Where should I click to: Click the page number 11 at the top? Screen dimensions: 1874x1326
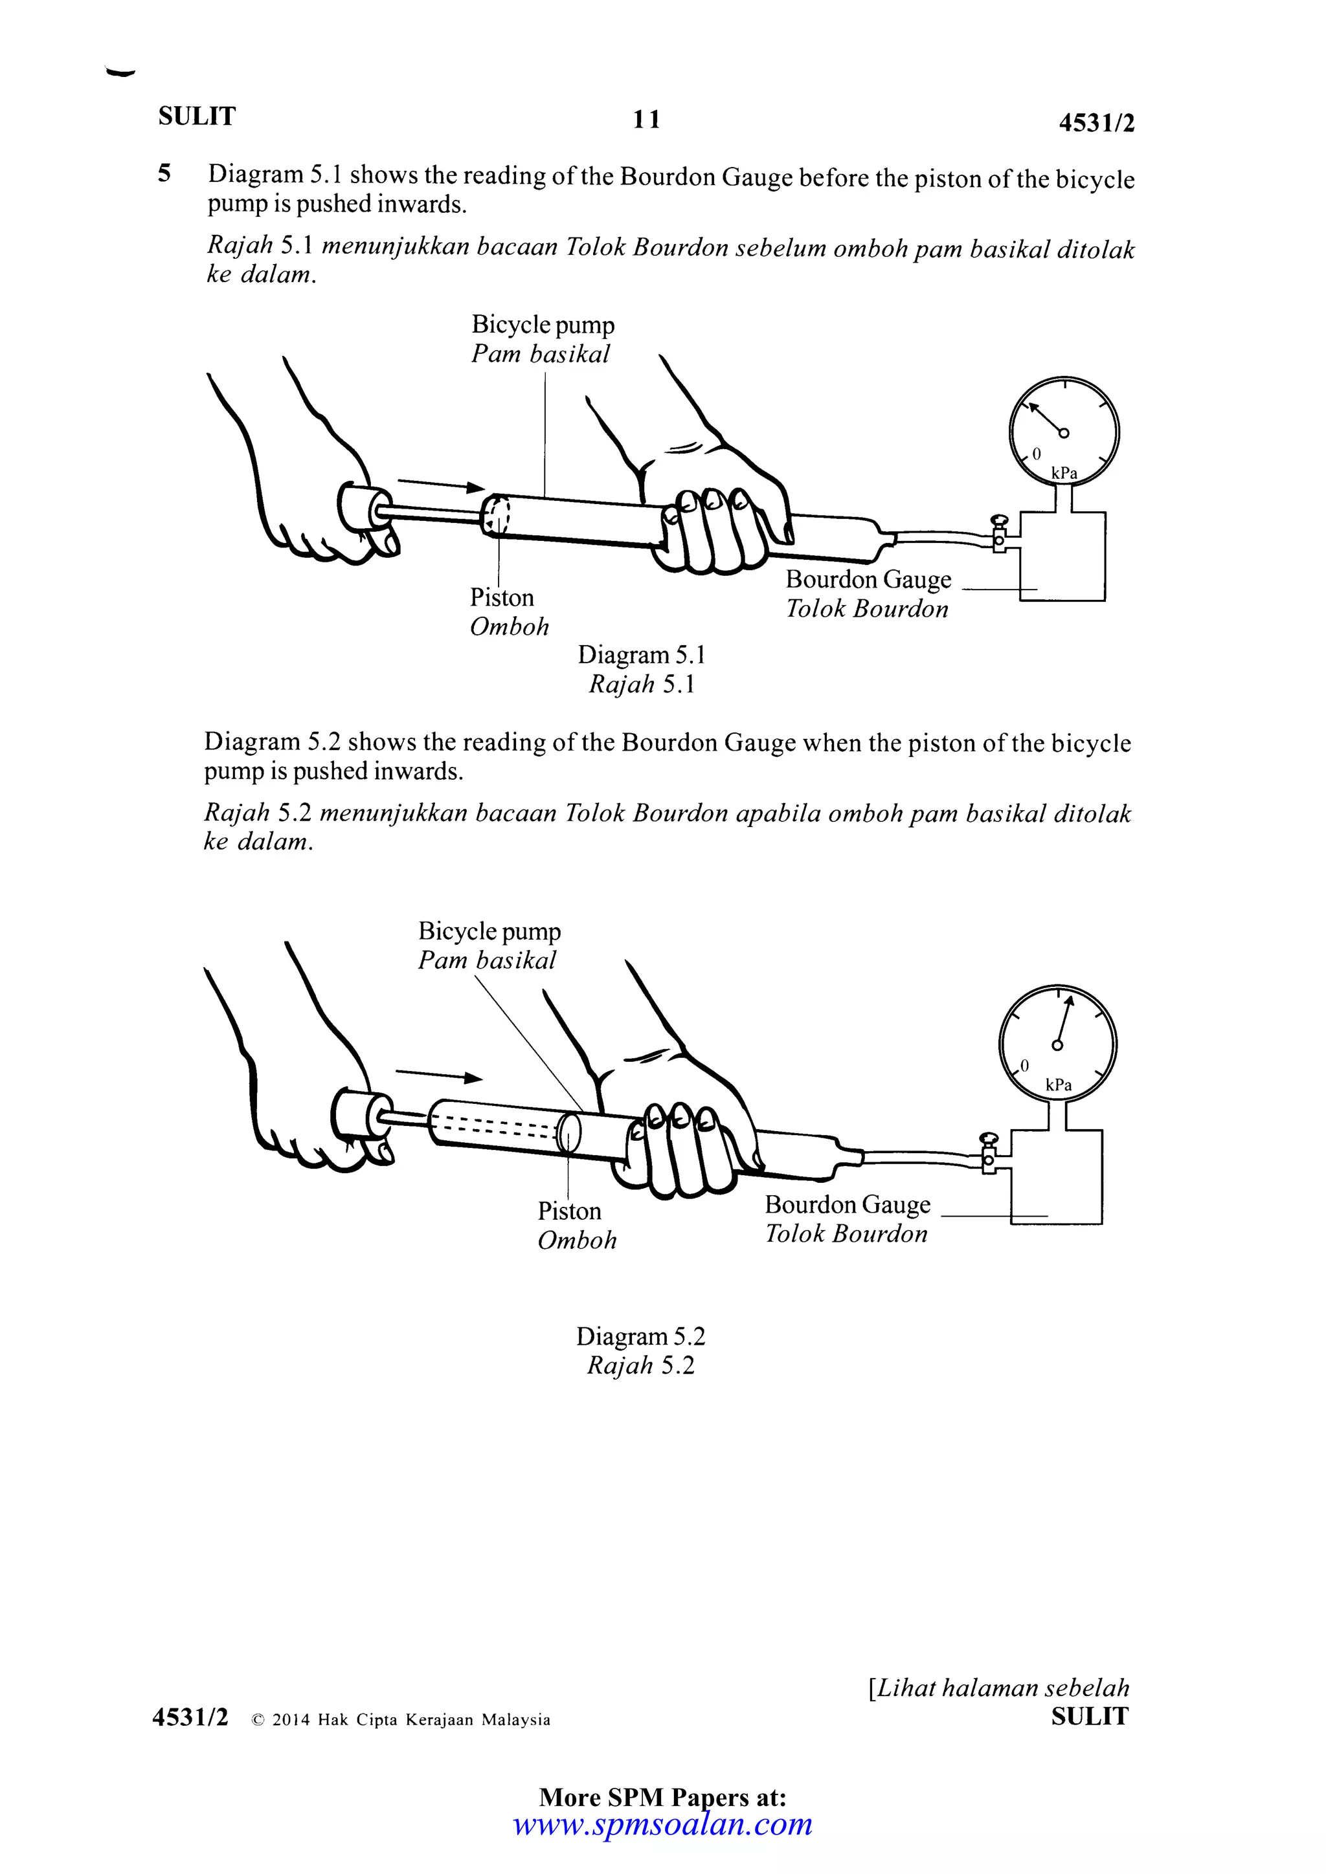coord(646,120)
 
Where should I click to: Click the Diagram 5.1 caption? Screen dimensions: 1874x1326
coord(642,655)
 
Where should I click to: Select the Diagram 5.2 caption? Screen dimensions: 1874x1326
coord(640,1336)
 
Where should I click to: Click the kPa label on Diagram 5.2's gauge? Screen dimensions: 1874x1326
coord(1058,1085)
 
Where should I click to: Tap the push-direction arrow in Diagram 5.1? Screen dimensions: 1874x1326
coord(441,485)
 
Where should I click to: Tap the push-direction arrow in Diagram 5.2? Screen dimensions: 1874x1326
coord(438,1075)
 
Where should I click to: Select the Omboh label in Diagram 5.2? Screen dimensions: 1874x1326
coord(576,1240)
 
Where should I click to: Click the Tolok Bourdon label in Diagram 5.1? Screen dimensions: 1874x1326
coord(866,609)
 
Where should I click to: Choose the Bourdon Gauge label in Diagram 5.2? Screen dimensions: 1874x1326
coord(847,1205)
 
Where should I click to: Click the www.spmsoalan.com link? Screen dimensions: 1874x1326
coord(662,1824)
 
